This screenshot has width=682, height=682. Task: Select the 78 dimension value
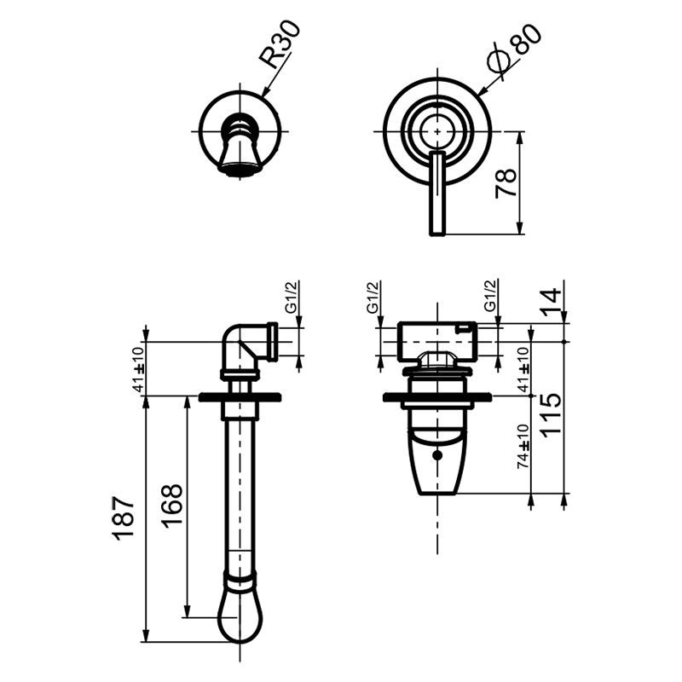506,183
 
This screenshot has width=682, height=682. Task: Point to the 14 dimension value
552,301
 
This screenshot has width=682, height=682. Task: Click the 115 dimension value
552,414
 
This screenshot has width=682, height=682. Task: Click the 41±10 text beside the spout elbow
139,369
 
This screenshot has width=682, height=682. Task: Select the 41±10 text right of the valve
523,368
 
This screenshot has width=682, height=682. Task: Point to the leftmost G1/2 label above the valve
373,299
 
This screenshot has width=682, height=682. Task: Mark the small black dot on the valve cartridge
437,456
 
